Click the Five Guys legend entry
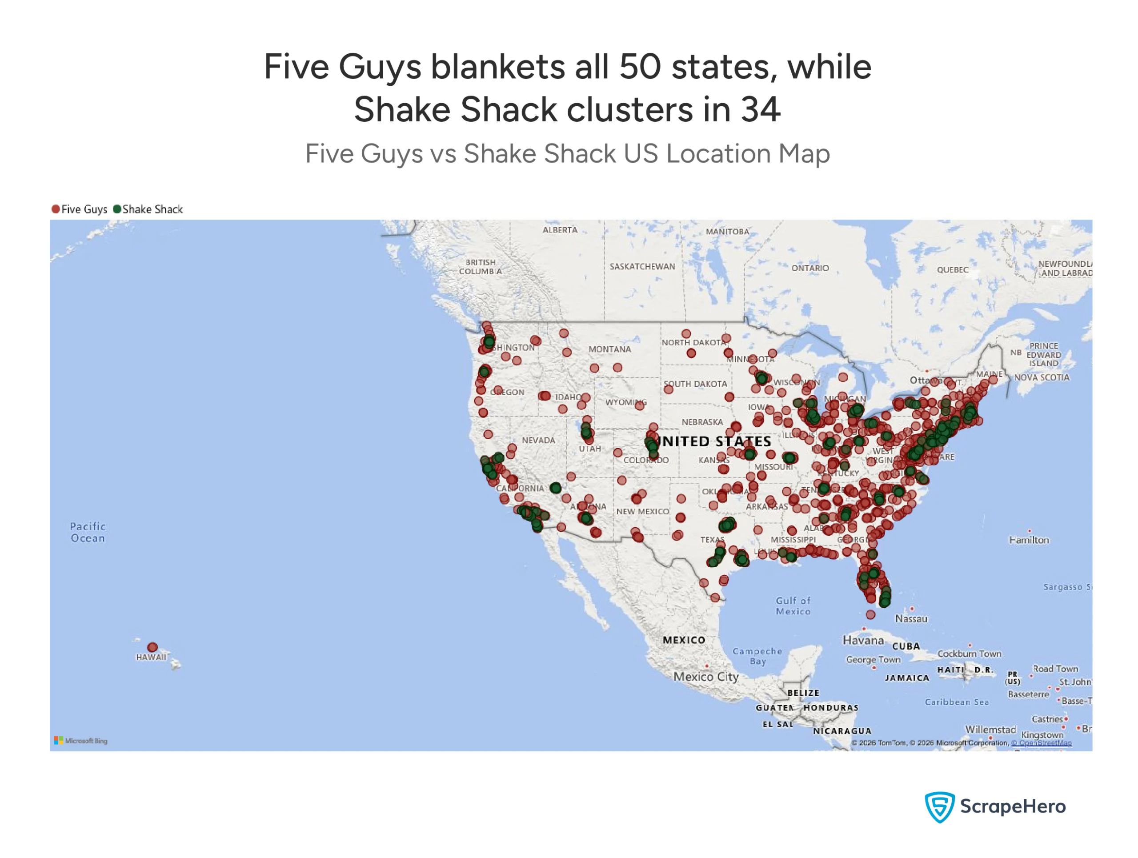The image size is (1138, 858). coord(79,209)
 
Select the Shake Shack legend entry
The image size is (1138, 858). coord(148,209)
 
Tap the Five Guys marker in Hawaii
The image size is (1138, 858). coord(152,647)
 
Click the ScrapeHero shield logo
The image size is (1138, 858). coord(939,806)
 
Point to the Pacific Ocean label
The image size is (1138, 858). coord(88,532)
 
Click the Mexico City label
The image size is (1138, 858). coord(706,677)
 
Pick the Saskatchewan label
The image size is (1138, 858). coord(642,266)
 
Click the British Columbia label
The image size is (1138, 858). coord(480,266)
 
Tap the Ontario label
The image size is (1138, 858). coord(810,268)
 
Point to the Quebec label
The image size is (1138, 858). coord(952,269)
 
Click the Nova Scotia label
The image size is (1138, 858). coord(1041,377)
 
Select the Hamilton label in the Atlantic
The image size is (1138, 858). coord(1028,540)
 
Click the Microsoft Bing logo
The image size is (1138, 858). coord(81,741)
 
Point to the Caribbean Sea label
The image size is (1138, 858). coord(956,702)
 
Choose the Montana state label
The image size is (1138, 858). coord(609,349)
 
